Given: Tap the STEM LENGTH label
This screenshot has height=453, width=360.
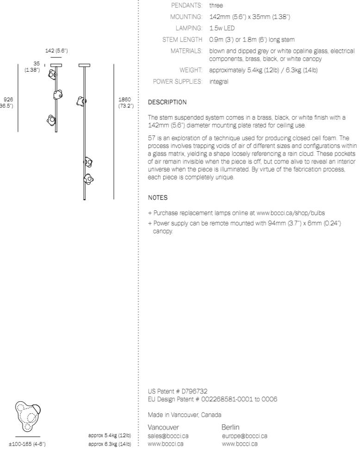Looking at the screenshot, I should (182, 39).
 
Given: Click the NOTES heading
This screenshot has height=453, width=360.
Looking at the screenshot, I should (158, 197).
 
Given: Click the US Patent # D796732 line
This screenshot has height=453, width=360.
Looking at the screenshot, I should (174, 390).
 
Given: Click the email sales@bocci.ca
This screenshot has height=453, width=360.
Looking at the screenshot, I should (168, 435).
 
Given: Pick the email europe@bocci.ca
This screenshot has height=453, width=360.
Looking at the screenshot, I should (244, 435).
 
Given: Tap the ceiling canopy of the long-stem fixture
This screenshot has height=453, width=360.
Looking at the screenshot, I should (85, 65).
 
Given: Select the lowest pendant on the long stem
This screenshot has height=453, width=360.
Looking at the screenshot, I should (88, 178).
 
